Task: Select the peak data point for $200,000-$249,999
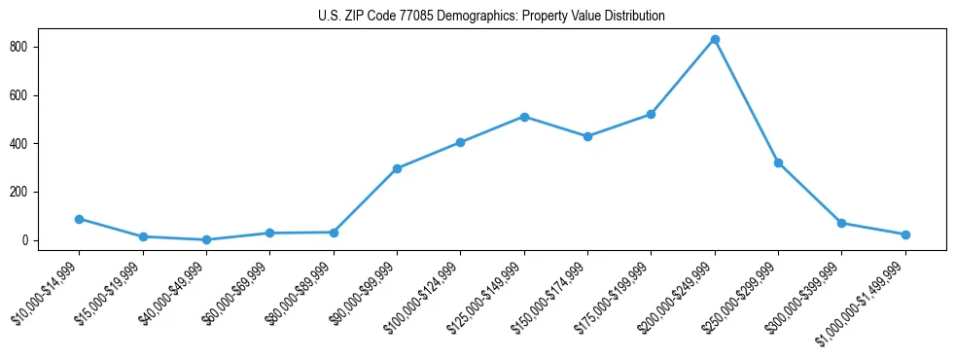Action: click(715, 40)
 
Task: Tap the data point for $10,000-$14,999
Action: click(79, 219)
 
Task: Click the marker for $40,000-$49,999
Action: click(206, 239)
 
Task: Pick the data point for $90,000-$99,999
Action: click(397, 168)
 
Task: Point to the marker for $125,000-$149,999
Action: click(524, 117)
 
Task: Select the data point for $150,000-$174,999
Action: click(587, 136)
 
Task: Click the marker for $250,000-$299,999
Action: click(778, 162)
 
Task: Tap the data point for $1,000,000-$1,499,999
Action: click(905, 234)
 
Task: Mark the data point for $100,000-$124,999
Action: click(460, 142)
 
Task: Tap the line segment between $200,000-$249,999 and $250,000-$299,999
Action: click(747, 101)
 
